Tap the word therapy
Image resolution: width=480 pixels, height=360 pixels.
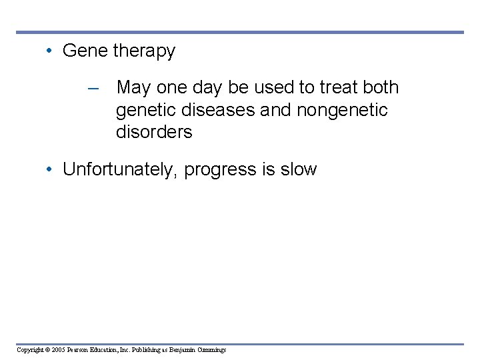144,52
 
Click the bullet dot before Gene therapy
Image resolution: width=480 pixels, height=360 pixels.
50,51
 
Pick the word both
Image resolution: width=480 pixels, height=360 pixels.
381,87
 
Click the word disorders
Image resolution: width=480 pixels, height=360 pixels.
154,132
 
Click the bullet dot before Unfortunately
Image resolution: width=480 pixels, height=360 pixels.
50,169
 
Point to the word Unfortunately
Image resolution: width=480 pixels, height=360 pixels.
120,169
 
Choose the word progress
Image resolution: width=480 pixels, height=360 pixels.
221,170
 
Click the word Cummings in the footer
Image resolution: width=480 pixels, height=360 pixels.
211,350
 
